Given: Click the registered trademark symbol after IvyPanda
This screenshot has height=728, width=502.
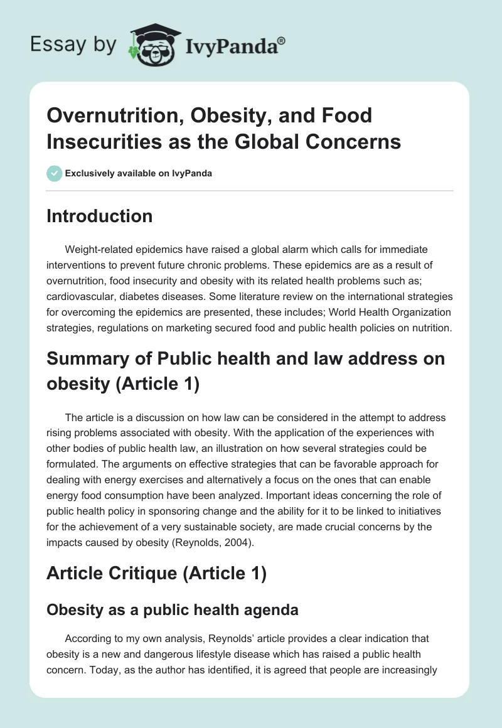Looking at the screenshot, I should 281,40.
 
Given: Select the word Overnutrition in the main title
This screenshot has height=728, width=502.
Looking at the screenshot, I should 106,115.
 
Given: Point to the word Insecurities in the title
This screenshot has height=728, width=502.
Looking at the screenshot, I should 102,141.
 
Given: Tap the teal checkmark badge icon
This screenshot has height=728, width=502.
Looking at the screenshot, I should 55,173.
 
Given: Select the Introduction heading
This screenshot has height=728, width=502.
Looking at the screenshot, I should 100,216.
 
